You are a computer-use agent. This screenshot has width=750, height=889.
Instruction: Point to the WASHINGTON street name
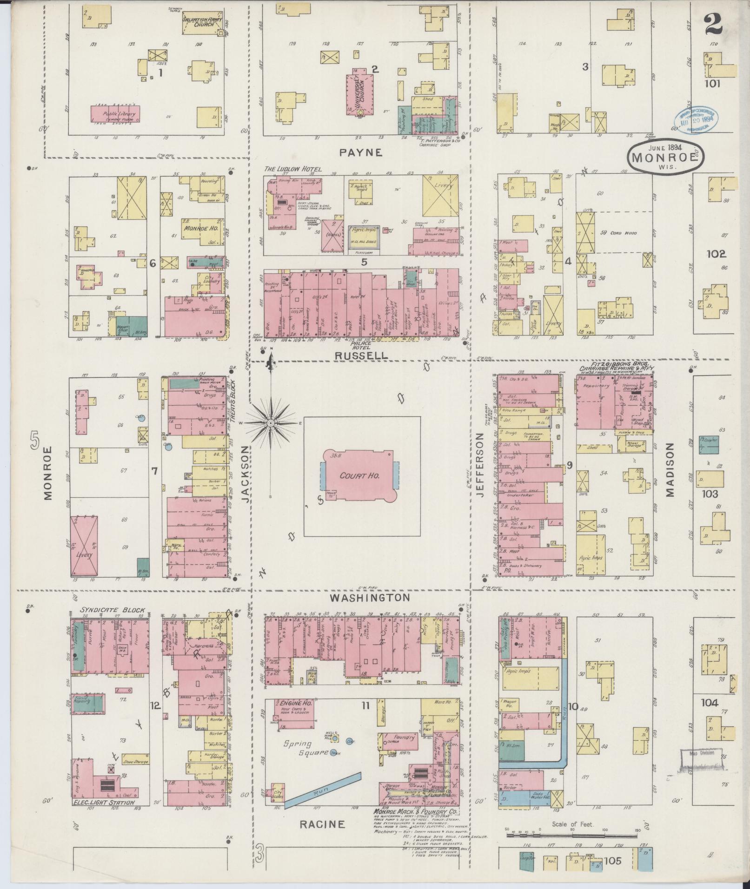(370, 597)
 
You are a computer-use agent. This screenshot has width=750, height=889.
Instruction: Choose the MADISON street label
(670, 470)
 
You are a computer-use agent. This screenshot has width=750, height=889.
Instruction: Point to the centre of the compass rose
(270, 423)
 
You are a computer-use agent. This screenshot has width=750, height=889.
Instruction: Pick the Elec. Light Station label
(104, 803)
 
